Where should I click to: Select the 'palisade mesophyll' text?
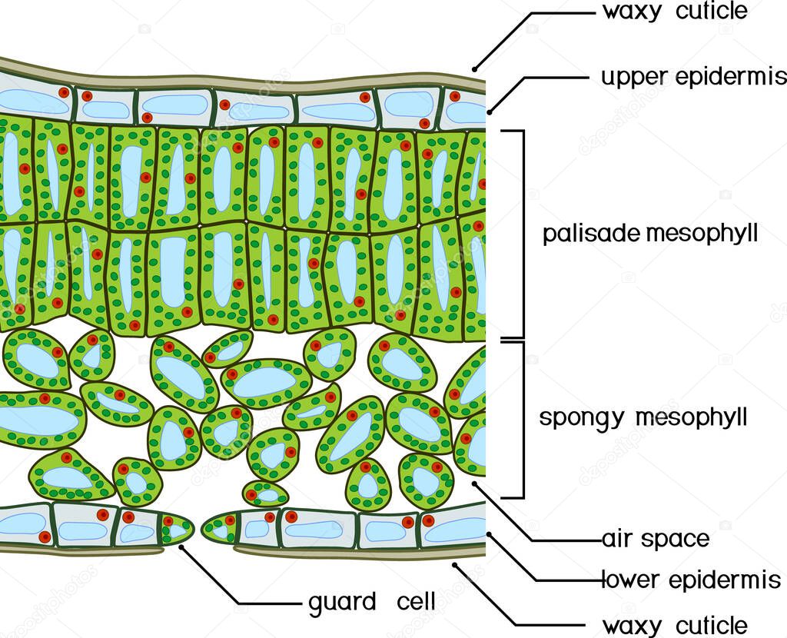650,234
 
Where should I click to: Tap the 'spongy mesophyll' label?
643,418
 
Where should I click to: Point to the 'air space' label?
656,538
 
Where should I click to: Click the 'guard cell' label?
372,601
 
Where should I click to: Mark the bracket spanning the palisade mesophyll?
523,234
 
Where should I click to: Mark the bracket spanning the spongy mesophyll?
523,419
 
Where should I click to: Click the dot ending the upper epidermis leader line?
490,110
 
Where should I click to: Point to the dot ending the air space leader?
477,484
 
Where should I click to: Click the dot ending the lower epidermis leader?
490,533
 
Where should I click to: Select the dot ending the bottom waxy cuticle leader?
455,565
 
